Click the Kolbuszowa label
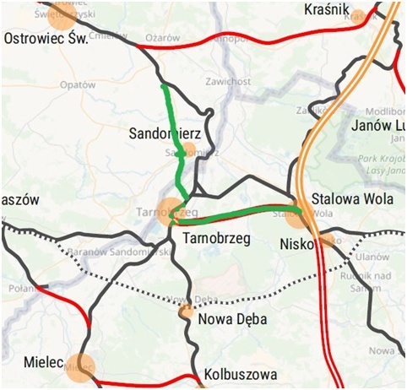point(241,372)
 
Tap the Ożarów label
point(164,38)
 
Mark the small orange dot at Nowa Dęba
point(184,311)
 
